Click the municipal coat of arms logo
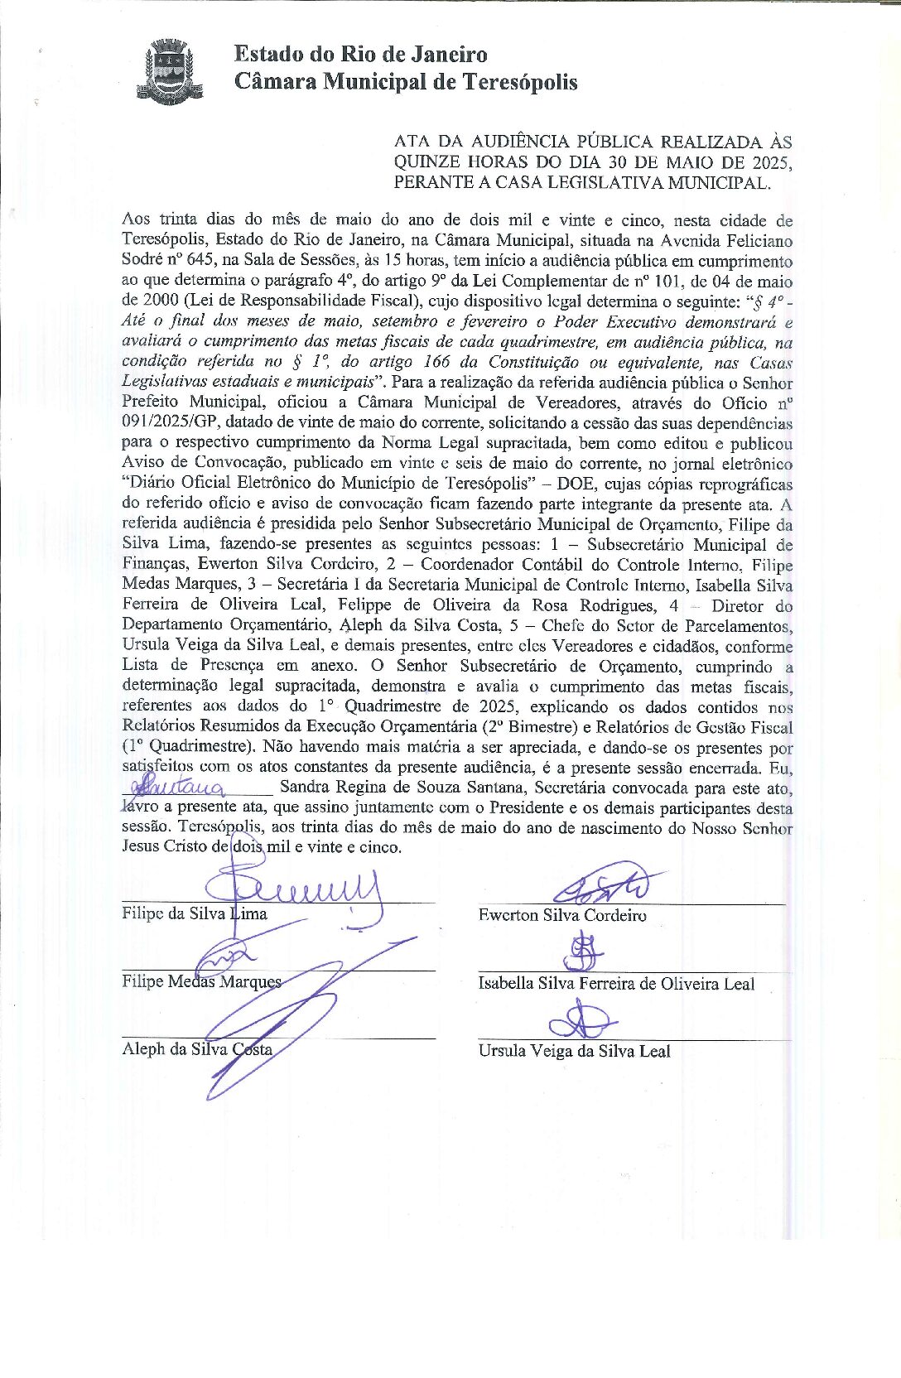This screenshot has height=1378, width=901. coord(171,70)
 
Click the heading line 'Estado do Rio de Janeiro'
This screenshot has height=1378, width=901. coord(360,55)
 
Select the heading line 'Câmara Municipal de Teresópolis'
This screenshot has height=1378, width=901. coord(405,82)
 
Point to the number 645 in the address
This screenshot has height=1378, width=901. coord(203,261)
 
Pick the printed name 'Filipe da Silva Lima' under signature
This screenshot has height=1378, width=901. coord(194,913)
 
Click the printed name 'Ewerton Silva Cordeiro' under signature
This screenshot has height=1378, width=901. coord(562,915)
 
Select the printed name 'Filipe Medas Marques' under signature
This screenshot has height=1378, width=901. coord(201,981)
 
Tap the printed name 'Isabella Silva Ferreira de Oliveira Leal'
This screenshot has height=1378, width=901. coord(616,984)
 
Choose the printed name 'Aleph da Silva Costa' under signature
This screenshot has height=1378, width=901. coord(197,1049)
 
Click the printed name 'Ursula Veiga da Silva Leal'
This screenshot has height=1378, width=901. coord(574,1051)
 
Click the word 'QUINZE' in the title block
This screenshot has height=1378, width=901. coord(427,162)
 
